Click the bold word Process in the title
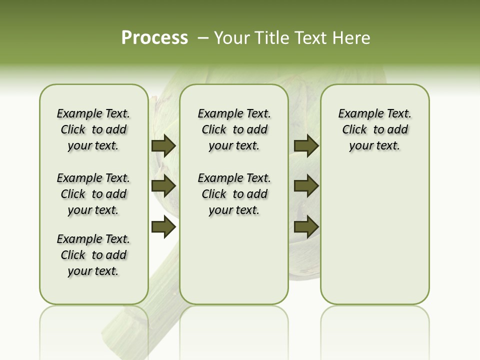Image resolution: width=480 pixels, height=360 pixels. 154,38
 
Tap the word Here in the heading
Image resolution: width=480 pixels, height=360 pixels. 352,38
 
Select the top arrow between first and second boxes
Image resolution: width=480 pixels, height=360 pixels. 163,146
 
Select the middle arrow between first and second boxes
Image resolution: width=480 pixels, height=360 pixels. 163,186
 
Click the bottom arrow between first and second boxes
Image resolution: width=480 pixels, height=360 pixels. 163,227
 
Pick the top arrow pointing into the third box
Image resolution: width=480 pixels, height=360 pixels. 306,146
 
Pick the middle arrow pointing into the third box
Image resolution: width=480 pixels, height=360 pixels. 306,186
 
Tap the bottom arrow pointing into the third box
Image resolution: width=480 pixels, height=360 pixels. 306,227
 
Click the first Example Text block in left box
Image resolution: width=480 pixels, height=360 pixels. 93,129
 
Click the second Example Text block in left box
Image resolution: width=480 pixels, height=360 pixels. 93,194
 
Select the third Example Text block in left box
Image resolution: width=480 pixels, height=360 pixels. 93,255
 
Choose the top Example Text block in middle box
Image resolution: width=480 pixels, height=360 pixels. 234,129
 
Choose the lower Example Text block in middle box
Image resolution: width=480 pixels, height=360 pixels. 234,194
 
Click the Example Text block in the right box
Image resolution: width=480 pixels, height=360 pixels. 375,129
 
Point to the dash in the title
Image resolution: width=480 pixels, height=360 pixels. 203,38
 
